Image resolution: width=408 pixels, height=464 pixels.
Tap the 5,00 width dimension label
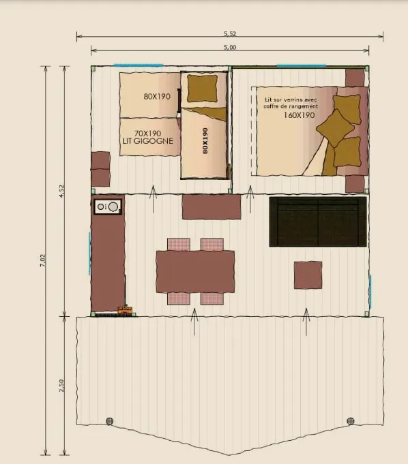pyautogui.click(x=229, y=48)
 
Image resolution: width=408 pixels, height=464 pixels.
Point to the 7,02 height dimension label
pyautogui.click(x=43, y=260)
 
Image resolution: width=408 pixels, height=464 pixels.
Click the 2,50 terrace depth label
pyautogui.click(x=61, y=386)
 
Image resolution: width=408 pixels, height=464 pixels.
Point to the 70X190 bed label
pyautogui.click(x=147, y=133)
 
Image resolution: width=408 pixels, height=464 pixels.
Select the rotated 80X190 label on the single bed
pyautogui.click(x=204, y=142)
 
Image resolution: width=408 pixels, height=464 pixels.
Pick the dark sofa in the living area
pyautogui.click(x=318, y=221)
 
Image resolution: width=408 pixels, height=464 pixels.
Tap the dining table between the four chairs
pyautogui.click(x=195, y=271)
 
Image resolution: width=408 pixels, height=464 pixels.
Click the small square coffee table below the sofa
pyautogui.click(x=308, y=276)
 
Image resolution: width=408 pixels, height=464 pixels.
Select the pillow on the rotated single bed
pyautogui.click(x=202, y=87)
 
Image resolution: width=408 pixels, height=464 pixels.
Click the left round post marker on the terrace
pyautogui.click(x=109, y=420)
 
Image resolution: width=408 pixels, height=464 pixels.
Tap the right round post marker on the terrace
pyautogui.click(x=351, y=420)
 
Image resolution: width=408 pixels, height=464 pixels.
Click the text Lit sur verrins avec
pyautogui.click(x=291, y=99)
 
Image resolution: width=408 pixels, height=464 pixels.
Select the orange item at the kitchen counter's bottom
pyautogui.click(x=124, y=310)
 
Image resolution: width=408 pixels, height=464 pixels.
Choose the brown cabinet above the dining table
pyautogui.click(x=211, y=206)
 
